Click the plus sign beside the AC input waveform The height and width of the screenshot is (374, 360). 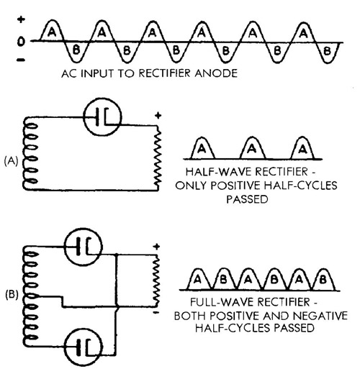21,19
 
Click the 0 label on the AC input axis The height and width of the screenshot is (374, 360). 21,42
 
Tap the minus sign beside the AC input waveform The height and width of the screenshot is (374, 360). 21,60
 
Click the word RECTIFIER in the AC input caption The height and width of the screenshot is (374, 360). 164,73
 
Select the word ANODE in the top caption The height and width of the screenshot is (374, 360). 216,73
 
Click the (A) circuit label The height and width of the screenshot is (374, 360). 12,161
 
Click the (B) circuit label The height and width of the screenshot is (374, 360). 12,295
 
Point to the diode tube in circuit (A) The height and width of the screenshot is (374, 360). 102,117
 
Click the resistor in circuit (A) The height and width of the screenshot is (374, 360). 158,157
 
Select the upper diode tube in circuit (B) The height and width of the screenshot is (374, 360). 83,247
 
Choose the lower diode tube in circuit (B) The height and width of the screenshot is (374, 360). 84,347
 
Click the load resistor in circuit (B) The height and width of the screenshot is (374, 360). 156,280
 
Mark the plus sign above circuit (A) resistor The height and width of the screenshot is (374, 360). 158,116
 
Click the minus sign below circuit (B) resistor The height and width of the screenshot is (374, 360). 156,312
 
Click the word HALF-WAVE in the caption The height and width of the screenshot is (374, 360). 219,172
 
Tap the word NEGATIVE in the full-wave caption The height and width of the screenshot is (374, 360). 320,316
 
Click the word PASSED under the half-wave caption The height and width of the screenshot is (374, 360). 247,199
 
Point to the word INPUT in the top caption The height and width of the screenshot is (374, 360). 96,73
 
